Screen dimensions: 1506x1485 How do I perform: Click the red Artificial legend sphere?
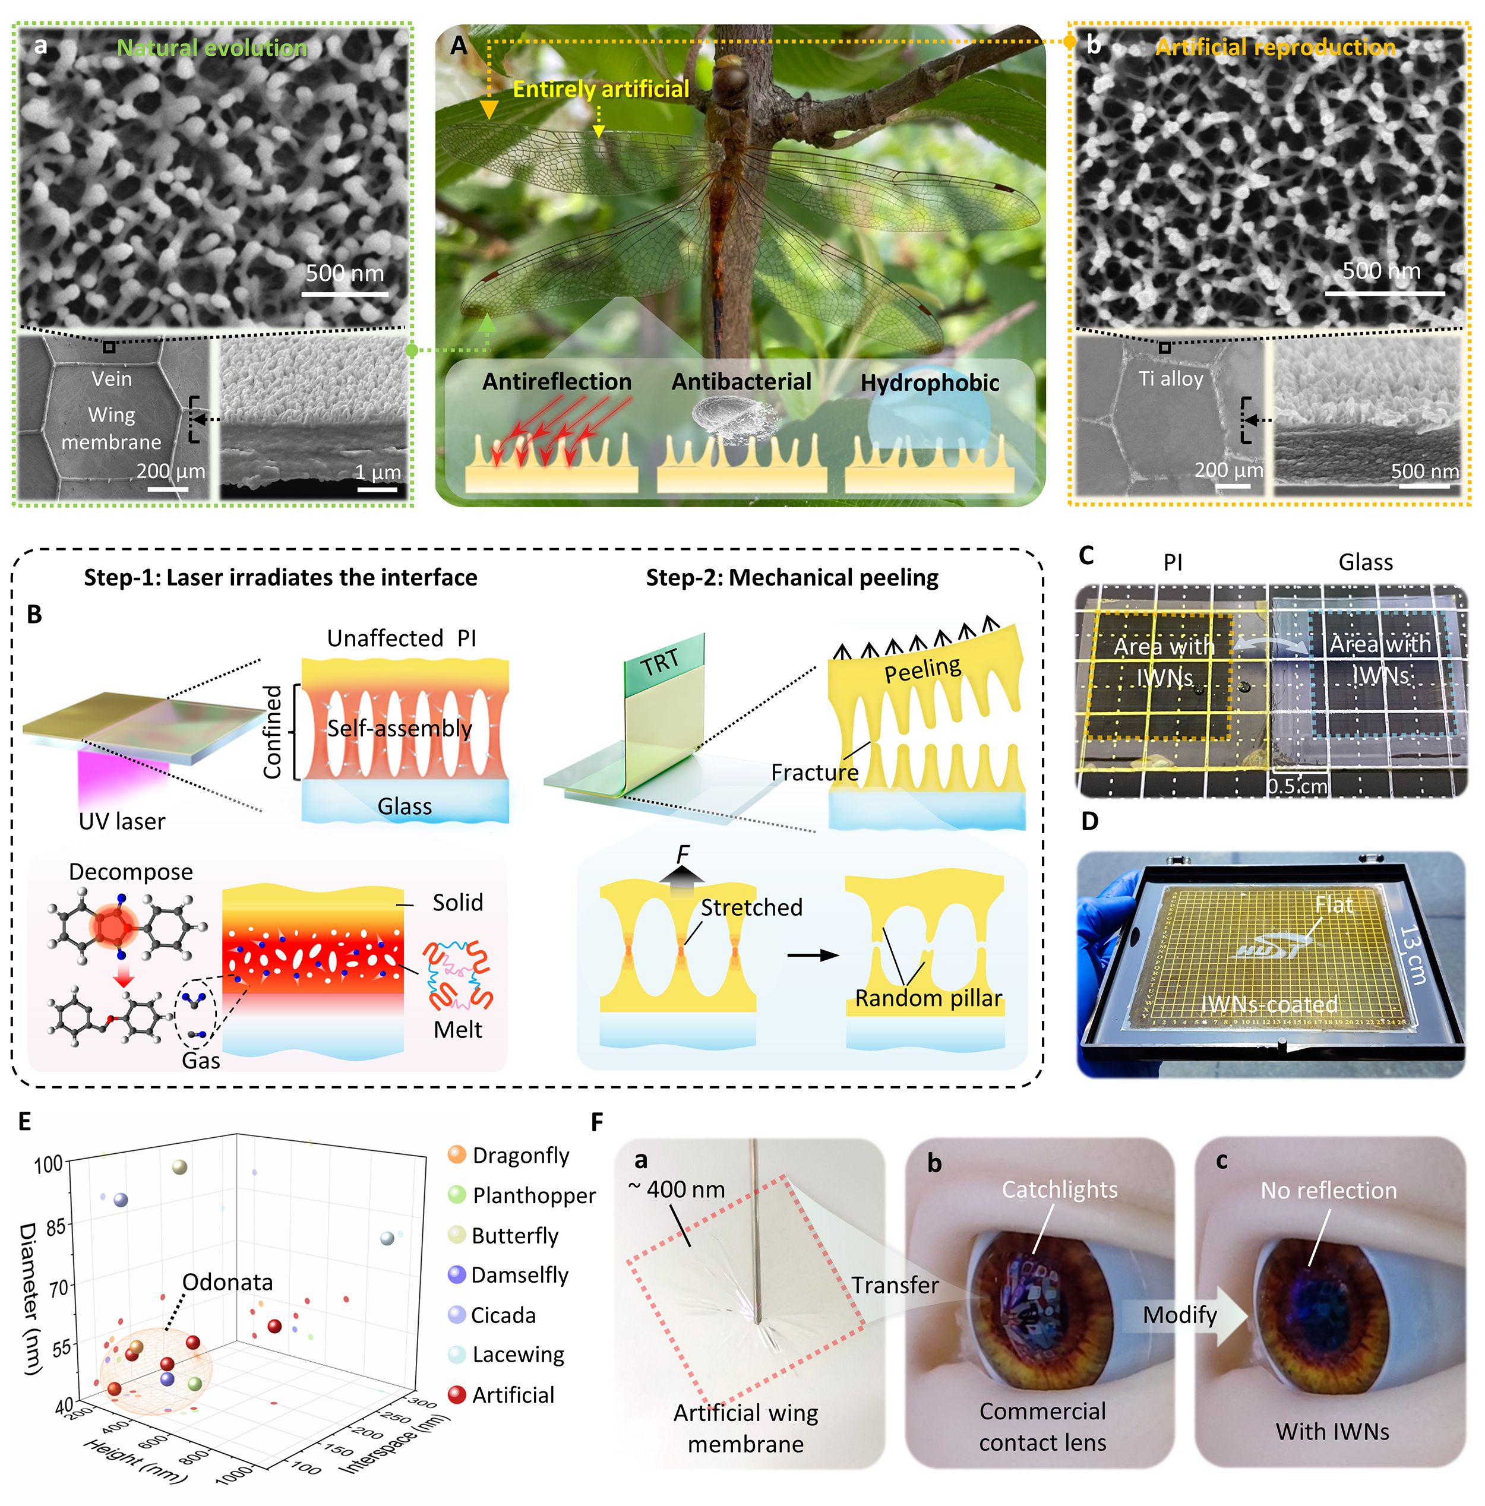[457, 1394]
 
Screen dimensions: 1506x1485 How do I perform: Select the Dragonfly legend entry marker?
[457, 1154]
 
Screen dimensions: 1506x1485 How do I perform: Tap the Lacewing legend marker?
[457, 1354]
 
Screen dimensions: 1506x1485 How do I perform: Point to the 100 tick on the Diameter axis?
[48, 1165]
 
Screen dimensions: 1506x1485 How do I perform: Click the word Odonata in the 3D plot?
[227, 1282]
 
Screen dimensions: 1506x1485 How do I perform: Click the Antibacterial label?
[741, 382]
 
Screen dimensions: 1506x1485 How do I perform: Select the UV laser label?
[122, 822]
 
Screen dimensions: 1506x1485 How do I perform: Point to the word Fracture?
[814, 773]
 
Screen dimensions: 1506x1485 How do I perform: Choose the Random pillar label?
[928, 998]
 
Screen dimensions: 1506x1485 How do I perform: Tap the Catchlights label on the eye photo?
[1059, 1189]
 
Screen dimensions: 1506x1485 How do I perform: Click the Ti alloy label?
[1170, 379]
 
